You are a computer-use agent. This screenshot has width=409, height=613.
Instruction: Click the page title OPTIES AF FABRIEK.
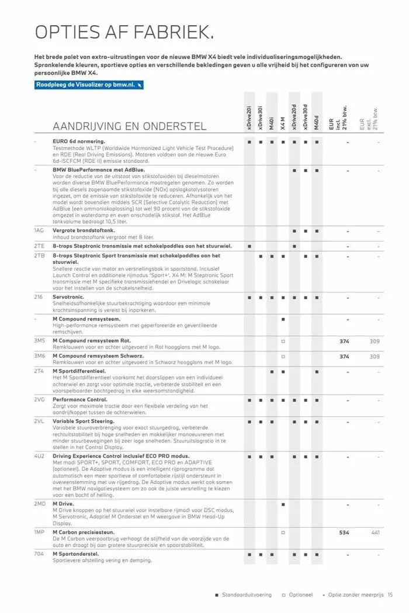point(124,32)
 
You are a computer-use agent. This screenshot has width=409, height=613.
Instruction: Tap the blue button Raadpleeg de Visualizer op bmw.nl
point(89,85)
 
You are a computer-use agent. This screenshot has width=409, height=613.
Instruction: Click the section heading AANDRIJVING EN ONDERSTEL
point(129,126)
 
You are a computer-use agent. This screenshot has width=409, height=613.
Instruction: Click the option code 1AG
point(39,231)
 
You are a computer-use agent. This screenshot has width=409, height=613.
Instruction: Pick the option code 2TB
point(39,256)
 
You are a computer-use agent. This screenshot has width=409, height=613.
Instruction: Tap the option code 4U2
point(39,455)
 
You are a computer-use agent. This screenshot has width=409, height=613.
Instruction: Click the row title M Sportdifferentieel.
point(79,371)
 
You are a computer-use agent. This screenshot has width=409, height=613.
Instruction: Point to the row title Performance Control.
point(79,400)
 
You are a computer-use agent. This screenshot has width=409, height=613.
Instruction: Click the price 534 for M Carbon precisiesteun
point(344,532)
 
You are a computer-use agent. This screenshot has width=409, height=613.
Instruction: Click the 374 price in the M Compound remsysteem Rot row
point(344,341)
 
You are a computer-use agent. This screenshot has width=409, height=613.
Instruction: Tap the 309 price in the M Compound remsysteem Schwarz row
point(375,356)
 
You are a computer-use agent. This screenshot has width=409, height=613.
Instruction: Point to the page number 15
point(390,595)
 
